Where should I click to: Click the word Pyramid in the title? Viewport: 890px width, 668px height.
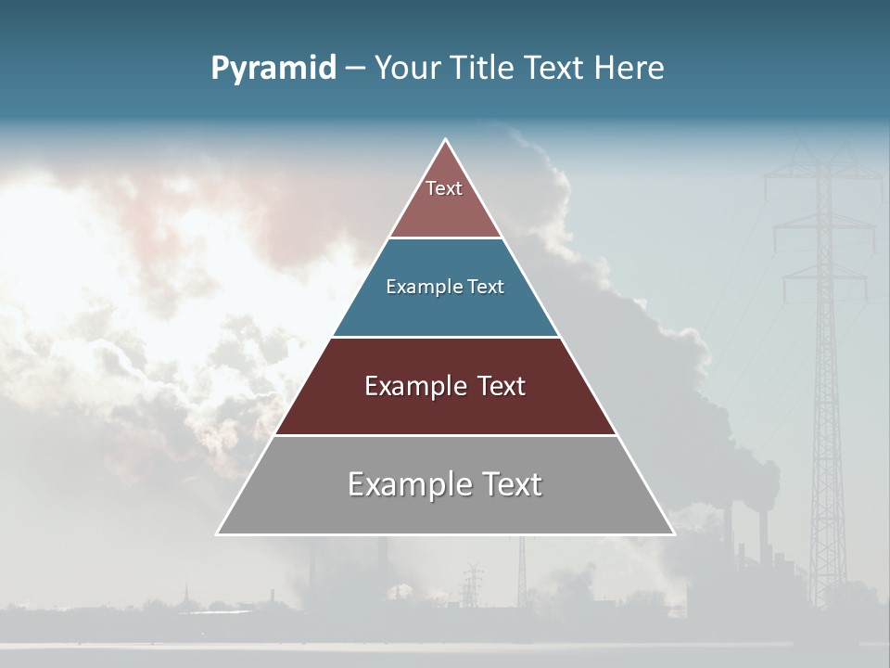tap(273, 69)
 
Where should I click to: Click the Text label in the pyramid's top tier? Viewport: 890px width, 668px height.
tap(444, 188)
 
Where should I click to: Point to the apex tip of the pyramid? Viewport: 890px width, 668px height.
tap(446, 140)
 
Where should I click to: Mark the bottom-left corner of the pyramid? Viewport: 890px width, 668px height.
tap(218, 533)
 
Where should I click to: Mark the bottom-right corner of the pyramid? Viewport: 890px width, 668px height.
tap(674, 533)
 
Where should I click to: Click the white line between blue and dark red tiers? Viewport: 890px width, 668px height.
tap(446, 337)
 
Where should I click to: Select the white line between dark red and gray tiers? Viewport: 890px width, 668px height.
tap(446, 435)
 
